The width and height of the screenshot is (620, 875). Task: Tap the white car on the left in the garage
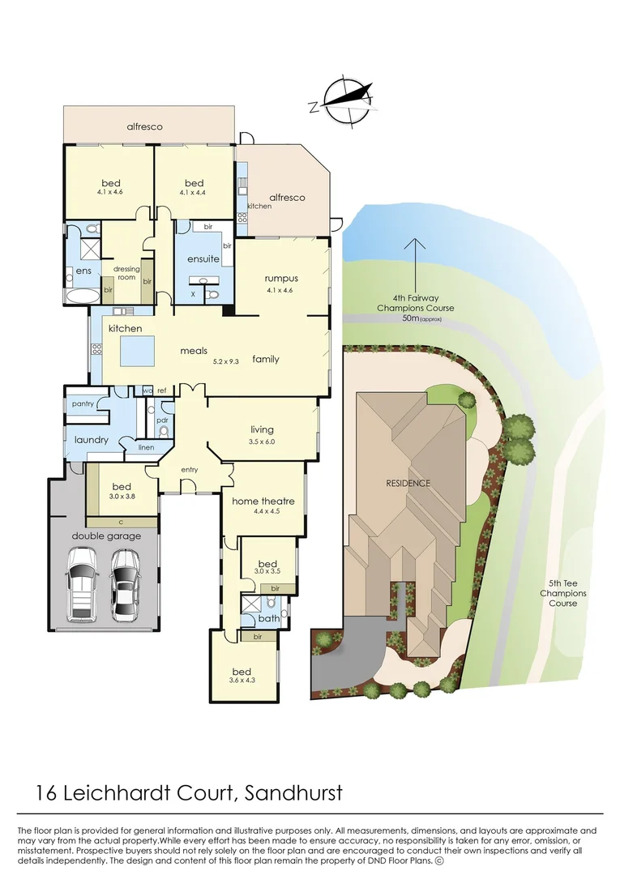(x=83, y=583)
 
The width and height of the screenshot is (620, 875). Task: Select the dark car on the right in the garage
(x=124, y=583)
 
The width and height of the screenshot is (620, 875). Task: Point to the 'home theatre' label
(x=263, y=502)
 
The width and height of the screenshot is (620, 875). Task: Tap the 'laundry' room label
(x=91, y=440)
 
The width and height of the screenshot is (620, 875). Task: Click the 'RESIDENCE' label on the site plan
(x=408, y=483)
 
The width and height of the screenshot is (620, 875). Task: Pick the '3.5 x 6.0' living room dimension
(x=262, y=442)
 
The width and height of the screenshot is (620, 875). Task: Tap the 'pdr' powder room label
(x=163, y=420)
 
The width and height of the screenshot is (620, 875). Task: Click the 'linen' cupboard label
(x=146, y=447)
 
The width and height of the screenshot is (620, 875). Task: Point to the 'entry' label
(x=190, y=470)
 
